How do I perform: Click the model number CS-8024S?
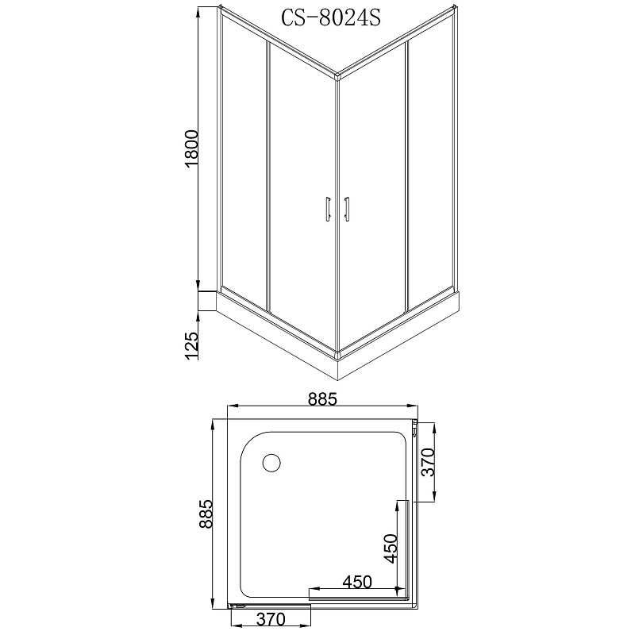click(331, 17)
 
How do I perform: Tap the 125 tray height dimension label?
click(191, 345)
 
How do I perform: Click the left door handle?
click(327, 209)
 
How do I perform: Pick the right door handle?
click(346, 209)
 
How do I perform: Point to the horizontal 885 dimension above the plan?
click(322, 399)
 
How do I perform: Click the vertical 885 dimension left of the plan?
click(206, 514)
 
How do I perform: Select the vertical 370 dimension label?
click(427, 462)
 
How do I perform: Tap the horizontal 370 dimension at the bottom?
click(271, 619)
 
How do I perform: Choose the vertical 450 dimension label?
click(391, 548)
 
